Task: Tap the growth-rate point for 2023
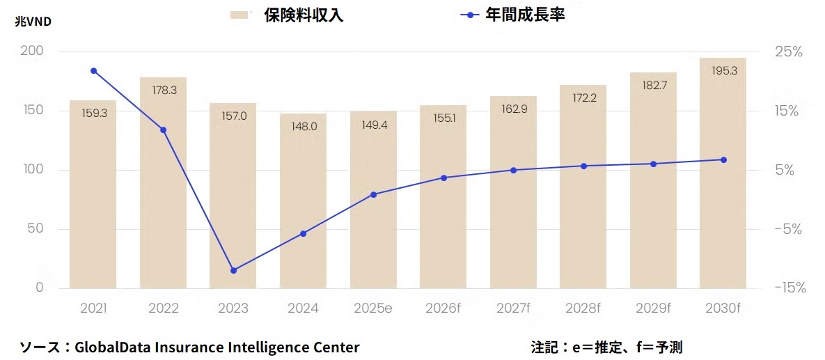(233, 270)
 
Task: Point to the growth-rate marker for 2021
(93, 71)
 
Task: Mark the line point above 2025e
(373, 194)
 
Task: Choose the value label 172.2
(583, 98)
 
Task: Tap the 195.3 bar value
(723, 71)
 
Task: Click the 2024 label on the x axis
(303, 308)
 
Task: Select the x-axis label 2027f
(513, 308)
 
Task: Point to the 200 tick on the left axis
(32, 52)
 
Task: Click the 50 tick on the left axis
(35, 229)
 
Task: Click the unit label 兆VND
(33, 21)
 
